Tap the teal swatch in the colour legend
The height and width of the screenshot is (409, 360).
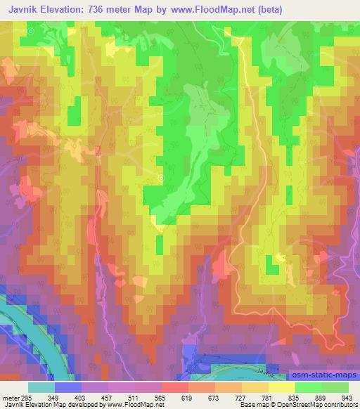(41, 387)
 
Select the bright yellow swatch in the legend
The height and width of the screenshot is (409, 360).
(281, 387)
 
